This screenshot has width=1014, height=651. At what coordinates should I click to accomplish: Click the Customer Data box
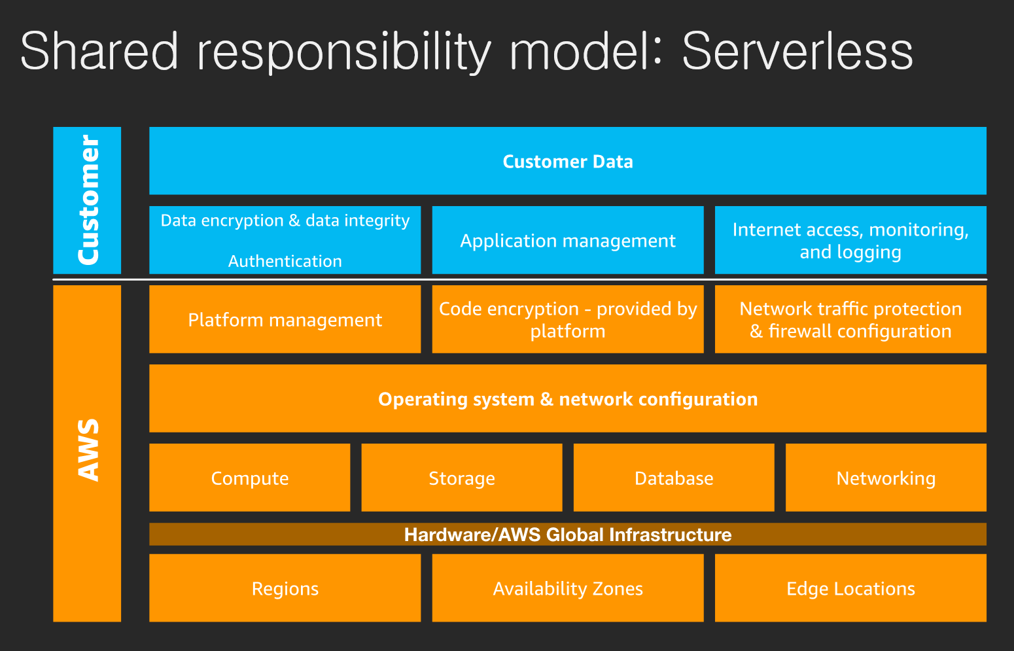[x=568, y=161]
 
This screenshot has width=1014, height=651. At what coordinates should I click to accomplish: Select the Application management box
[x=568, y=240]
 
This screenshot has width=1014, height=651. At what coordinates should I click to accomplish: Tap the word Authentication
[x=285, y=261]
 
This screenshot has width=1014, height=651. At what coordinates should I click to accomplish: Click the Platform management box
[x=285, y=319]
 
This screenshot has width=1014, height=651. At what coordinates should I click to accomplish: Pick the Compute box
[x=249, y=478]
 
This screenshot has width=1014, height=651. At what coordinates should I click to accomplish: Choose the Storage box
[x=462, y=478]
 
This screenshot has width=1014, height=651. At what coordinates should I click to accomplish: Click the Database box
[x=674, y=478]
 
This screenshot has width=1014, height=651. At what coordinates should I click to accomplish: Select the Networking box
[x=886, y=478]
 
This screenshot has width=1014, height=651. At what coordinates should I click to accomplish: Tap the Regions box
[x=285, y=588]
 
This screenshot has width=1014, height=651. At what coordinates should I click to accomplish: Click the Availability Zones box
[x=568, y=588]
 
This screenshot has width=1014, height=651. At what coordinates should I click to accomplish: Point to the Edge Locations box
[x=850, y=588]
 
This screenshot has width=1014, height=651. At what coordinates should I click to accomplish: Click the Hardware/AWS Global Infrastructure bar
[x=568, y=534]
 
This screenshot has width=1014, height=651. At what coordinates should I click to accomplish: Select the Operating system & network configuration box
[x=568, y=398]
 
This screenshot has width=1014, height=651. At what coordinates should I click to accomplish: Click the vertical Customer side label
[x=87, y=201]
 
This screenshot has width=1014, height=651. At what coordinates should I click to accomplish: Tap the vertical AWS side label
[x=87, y=453]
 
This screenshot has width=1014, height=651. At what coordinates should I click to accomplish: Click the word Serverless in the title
[x=797, y=51]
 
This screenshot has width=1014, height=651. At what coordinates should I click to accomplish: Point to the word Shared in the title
[x=99, y=51]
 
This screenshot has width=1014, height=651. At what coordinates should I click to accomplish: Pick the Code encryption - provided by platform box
[x=568, y=319]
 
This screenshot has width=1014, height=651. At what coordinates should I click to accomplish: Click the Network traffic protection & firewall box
[x=850, y=319]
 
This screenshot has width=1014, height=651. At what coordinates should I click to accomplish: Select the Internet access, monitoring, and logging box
[x=850, y=240]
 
